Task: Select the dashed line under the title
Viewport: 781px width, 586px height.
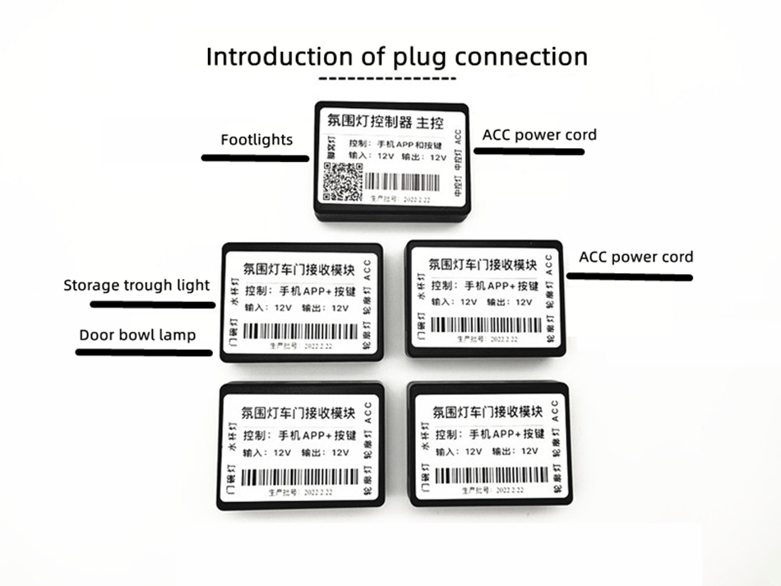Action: (387, 78)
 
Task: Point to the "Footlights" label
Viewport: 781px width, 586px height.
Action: (256, 139)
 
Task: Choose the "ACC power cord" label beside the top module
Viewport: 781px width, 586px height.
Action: (539, 134)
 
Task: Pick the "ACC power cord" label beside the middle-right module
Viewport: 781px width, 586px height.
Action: (635, 257)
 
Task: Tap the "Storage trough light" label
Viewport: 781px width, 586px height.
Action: (136, 286)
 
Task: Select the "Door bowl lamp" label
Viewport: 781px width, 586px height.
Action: (137, 335)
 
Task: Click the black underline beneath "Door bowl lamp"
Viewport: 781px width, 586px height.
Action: (144, 352)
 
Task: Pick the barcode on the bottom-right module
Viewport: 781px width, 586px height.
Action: (490, 476)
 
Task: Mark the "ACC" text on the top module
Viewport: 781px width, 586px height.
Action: (457, 136)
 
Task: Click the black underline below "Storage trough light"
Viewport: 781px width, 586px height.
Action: (152, 304)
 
